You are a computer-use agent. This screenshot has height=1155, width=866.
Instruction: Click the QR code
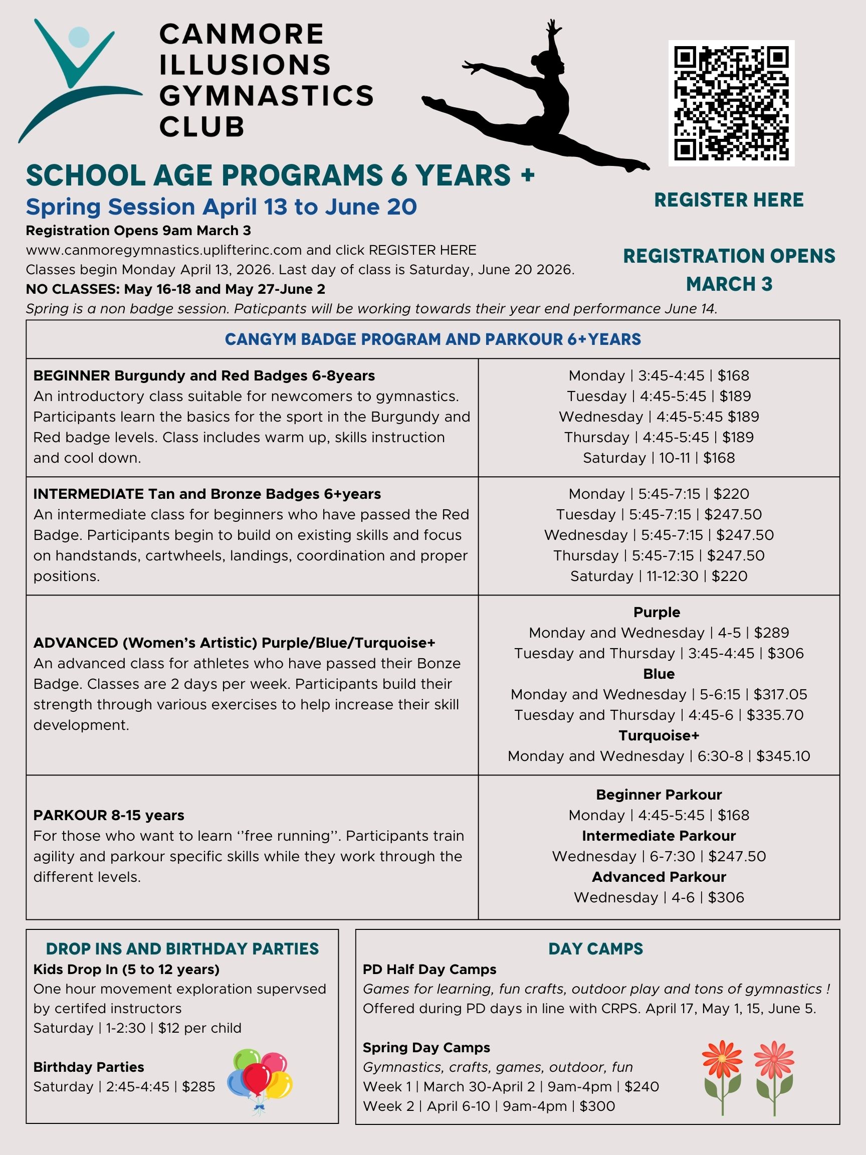(x=731, y=103)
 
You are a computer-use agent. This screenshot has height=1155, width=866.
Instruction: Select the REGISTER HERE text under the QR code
(x=729, y=200)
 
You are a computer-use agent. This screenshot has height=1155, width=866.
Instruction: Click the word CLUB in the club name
(x=201, y=127)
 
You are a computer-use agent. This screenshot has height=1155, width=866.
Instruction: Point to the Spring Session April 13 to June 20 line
(x=222, y=207)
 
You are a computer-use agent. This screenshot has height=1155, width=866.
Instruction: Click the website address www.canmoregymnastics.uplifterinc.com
(x=164, y=250)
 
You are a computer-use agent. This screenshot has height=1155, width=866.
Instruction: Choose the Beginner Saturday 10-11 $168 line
(x=658, y=458)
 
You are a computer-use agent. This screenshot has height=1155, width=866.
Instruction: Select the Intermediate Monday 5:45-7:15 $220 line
(x=658, y=494)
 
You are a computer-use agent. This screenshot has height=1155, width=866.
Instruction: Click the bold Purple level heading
(x=657, y=612)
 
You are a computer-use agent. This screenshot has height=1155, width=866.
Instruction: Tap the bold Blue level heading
(x=658, y=674)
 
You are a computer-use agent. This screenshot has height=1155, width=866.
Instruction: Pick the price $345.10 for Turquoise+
(x=783, y=756)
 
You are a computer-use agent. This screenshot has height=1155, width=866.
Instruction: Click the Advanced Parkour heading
(x=658, y=877)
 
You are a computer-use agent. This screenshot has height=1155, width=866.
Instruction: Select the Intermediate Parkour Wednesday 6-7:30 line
(x=658, y=856)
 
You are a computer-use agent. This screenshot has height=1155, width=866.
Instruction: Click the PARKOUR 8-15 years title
(x=109, y=815)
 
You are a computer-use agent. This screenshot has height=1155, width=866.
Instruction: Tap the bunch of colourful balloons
(x=260, y=1080)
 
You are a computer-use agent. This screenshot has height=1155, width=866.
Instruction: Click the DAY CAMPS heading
(x=595, y=949)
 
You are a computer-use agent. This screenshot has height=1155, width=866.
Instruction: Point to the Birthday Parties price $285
(x=198, y=1087)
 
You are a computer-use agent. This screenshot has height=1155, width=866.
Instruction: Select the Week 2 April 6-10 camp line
(x=489, y=1106)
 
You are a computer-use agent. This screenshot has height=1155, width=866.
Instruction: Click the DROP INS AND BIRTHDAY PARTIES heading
(x=182, y=949)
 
